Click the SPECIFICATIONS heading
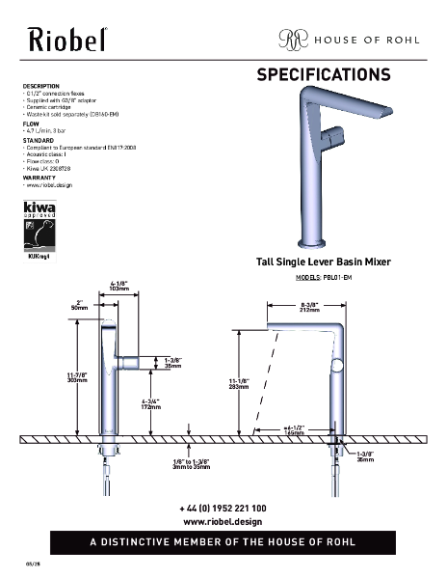coord(323,74)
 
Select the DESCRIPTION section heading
coord(41,86)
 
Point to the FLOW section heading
coord(31,124)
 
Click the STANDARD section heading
coord(38,140)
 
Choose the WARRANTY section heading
coord(39,178)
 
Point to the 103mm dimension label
coord(119,289)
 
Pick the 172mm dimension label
coord(152,409)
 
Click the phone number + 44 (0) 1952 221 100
coord(223,508)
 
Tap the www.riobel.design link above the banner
coord(223,521)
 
